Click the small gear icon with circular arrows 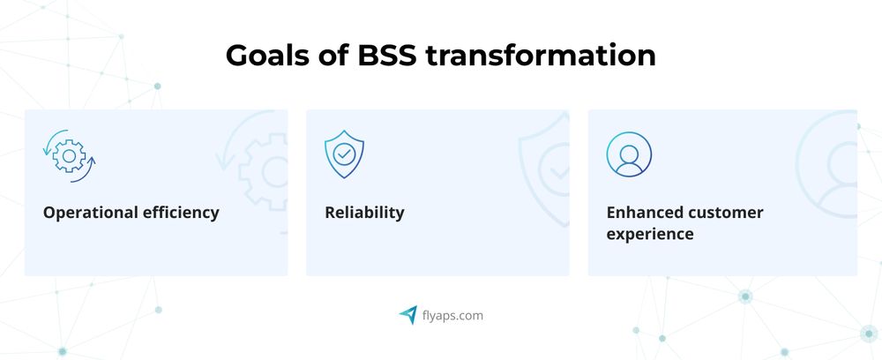69,155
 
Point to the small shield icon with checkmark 344,154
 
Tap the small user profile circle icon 629,154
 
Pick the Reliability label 364,213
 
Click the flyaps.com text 452,315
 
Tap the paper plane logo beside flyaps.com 407,314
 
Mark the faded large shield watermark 547,163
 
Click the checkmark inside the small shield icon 344,154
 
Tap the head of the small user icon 629,149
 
